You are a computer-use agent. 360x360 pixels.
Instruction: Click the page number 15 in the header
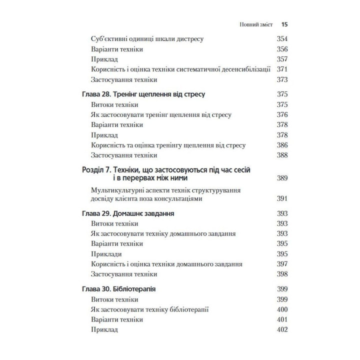pyautogui.click(x=284, y=23)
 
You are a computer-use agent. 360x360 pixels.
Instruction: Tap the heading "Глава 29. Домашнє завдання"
pyautogui.click(x=127, y=213)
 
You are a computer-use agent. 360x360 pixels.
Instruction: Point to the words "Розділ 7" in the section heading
pyautogui.click(x=96, y=170)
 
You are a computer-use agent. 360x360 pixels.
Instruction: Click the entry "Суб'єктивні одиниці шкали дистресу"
pyautogui.click(x=150, y=38)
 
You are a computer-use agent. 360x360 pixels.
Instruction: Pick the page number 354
pyautogui.click(x=283, y=38)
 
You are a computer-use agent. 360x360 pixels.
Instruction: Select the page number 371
pyautogui.click(x=283, y=69)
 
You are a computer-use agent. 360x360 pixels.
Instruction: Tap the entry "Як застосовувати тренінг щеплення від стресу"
pyautogui.click(x=161, y=114)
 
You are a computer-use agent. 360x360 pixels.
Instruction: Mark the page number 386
pyautogui.click(x=283, y=145)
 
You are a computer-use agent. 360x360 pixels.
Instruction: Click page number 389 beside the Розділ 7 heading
pyautogui.click(x=283, y=178)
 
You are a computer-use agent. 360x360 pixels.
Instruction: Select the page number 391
pyautogui.click(x=283, y=199)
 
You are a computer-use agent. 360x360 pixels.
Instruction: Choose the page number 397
pyautogui.click(x=283, y=264)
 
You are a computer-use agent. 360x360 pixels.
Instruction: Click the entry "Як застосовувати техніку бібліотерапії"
pyautogui.click(x=149, y=309)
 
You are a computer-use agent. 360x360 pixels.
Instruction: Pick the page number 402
pyautogui.click(x=283, y=329)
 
